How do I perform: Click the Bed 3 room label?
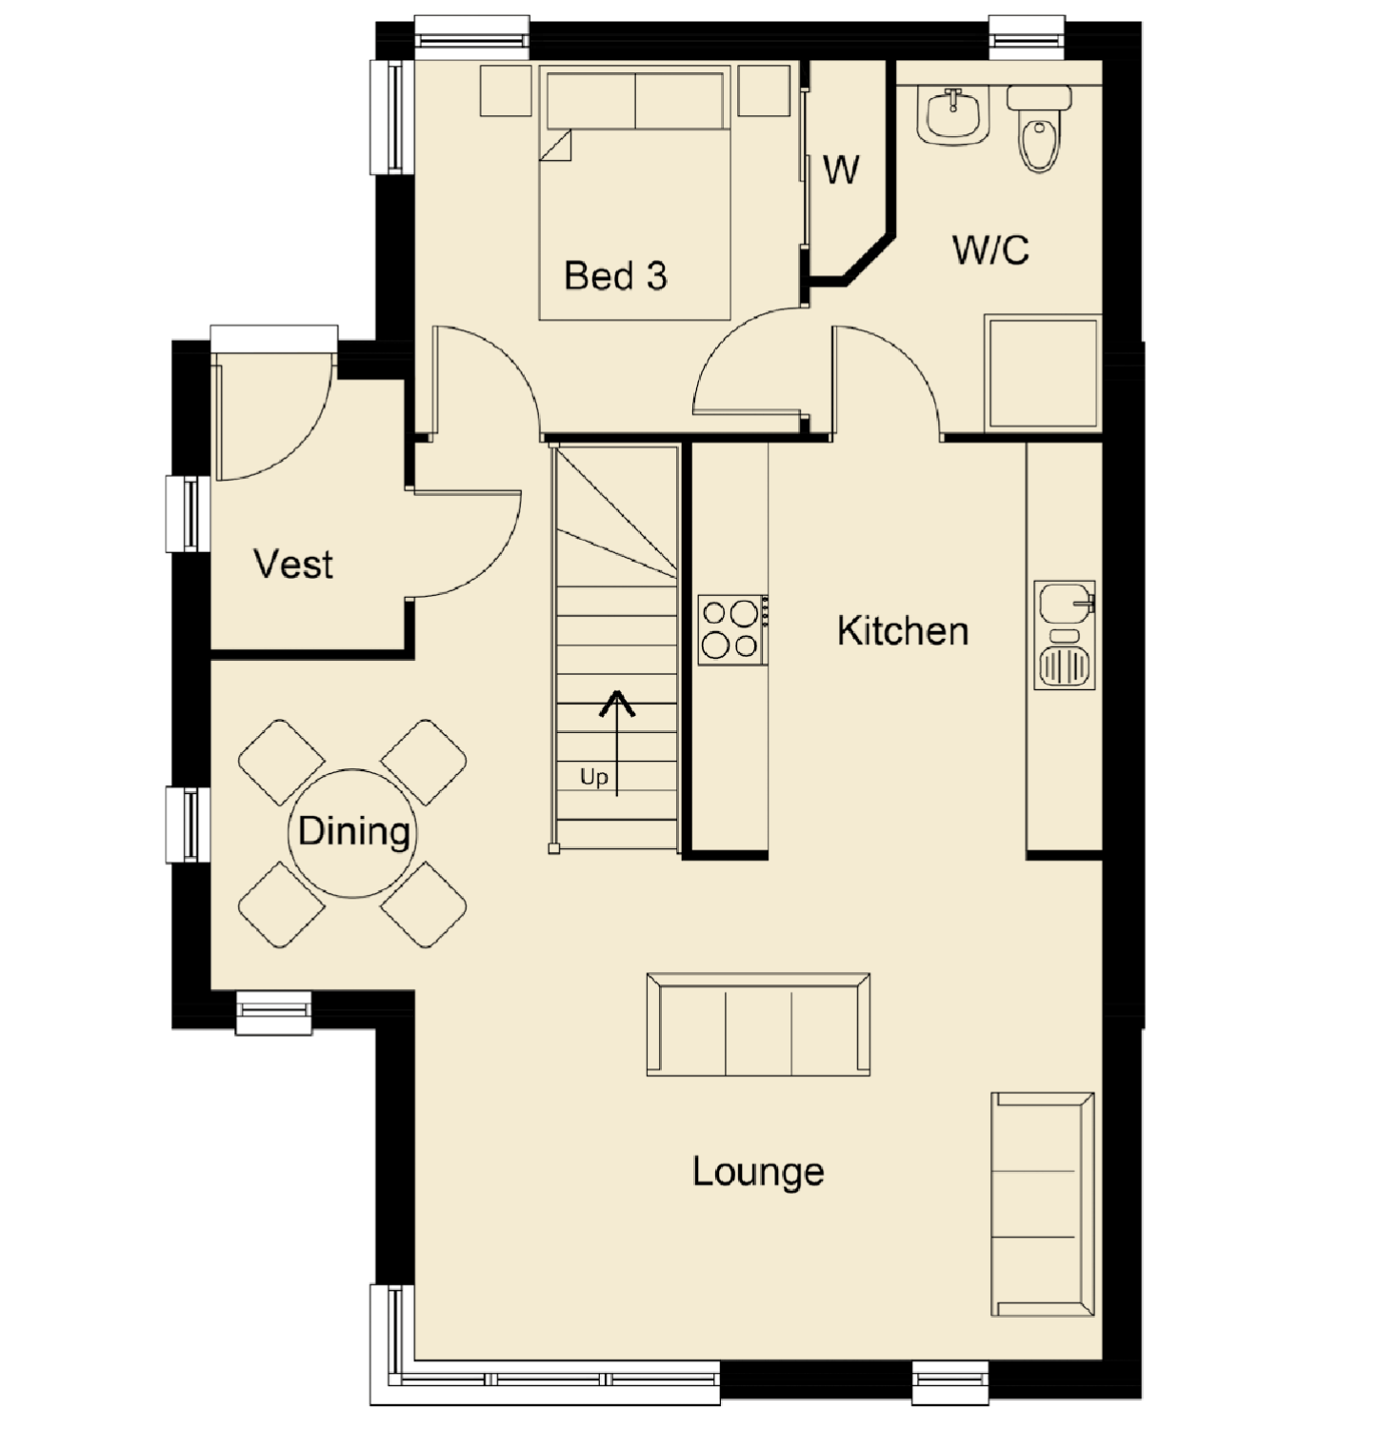(x=615, y=276)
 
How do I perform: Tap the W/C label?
(x=990, y=249)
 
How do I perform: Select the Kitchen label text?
(x=903, y=630)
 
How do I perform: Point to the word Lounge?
(x=758, y=1172)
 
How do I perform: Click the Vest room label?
(x=293, y=564)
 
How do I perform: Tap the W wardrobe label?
(x=841, y=169)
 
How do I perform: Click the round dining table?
(x=352, y=833)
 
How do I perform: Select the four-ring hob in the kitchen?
(x=732, y=630)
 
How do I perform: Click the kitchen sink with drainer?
(x=1065, y=635)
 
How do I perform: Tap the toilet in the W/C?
(x=1039, y=129)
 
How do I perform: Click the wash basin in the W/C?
(x=953, y=115)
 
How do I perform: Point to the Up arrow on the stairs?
(x=617, y=743)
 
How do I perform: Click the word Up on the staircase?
(x=593, y=778)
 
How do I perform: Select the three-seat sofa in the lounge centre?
(x=758, y=1024)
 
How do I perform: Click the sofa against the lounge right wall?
(x=1043, y=1204)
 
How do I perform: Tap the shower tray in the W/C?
(x=1043, y=372)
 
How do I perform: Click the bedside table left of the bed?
(x=506, y=90)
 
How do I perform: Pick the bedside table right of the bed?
(x=764, y=90)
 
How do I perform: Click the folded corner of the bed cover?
(x=555, y=146)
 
